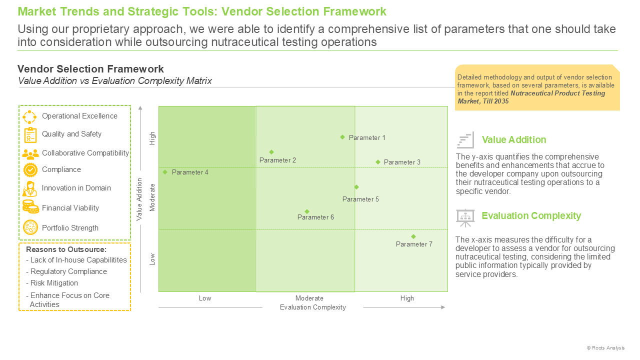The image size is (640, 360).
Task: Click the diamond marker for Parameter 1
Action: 342,137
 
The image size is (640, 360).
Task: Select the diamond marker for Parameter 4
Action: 165,172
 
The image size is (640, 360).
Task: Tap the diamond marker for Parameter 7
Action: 413,236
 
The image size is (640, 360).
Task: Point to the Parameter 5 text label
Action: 360,199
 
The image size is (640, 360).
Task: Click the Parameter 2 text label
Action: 277,160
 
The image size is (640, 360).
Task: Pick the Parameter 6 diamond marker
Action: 307,211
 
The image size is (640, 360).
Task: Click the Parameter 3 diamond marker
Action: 378,162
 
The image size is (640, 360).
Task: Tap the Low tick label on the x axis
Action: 205,298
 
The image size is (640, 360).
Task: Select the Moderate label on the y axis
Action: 152,197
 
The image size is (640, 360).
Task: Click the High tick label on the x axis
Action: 407,298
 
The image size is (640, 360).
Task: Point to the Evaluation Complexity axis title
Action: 313,307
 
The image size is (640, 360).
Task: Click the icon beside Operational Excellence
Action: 29,117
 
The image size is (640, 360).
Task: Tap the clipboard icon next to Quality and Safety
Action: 30,135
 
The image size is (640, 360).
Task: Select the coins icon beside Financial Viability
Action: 30,206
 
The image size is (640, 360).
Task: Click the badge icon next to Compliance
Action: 30,170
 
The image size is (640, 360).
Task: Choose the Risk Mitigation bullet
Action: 52,283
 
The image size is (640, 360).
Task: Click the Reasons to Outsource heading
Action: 66,249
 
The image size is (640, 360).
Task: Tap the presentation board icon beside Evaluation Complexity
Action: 465,218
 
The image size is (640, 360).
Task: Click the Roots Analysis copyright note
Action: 605,347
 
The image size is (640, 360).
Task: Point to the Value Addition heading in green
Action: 514,139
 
